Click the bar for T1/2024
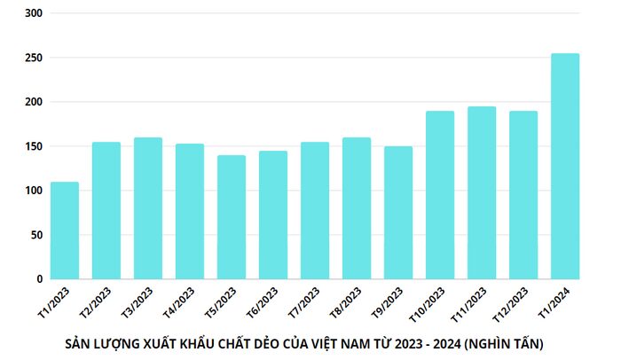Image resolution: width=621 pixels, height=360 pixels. tap(565, 166)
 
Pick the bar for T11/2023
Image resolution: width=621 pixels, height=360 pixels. tap(482, 192)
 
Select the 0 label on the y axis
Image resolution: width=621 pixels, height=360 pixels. tap(39, 279)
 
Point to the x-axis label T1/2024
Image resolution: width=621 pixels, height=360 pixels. tap(554, 302)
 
